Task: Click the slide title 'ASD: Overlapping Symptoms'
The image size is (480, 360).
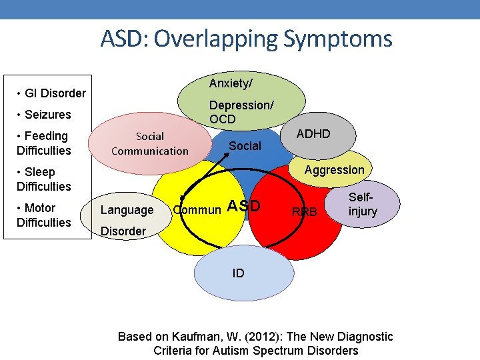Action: [246, 39]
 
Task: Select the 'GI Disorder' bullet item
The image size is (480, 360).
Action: [51, 93]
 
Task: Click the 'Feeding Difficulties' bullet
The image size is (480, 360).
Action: [43, 143]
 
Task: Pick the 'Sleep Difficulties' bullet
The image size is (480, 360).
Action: [43, 179]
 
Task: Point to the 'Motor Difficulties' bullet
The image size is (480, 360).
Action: [43, 215]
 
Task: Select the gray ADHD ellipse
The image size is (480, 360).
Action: [313, 134]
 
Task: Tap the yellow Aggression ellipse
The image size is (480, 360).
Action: [334, 169]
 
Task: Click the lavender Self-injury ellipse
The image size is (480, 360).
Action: [363, 205]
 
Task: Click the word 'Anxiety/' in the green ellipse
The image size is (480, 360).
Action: [231, 83]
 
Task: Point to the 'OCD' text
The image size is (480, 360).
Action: [223, 119]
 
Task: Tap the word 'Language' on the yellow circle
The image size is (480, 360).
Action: [127, 210]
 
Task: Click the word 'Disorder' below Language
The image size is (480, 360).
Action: [123, 231]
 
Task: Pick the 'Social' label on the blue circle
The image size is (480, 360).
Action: [245, 146]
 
